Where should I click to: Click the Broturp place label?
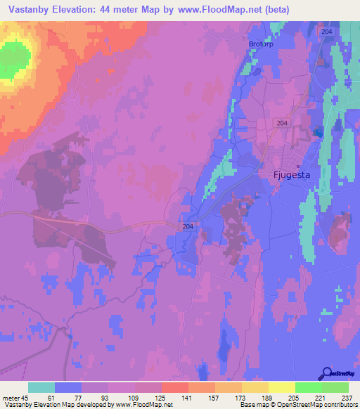pos(259,44)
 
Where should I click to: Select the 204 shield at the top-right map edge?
pos(326,32)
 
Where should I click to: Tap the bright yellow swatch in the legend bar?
pos(282,387)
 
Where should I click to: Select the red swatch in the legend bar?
pos(175,387)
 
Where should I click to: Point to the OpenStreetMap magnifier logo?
pos(326,375)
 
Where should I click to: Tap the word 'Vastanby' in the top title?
pos(30,10)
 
